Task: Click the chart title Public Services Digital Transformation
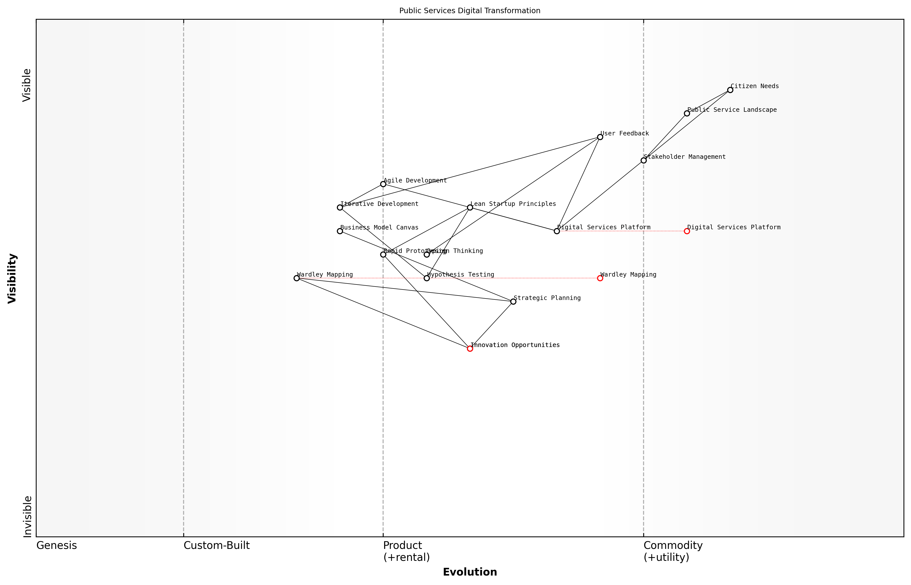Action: click(x=469, y=11)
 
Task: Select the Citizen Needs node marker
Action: click(x=730, y=90)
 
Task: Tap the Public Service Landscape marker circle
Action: click(x=687, y=113)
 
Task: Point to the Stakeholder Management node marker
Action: click(x=643, y=160)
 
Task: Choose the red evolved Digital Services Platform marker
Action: click(x=687, y=231)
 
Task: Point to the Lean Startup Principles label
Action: click(x=513, y=204)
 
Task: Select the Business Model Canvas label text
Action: click(x=379, y=227)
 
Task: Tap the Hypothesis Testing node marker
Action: click(x=427, y=278)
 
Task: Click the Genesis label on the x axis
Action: click(x=56, y=545)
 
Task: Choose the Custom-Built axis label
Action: click(x=216, y=545)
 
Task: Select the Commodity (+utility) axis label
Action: click(x=673, y=551)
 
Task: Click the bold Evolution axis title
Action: click(x=469, y=572)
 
